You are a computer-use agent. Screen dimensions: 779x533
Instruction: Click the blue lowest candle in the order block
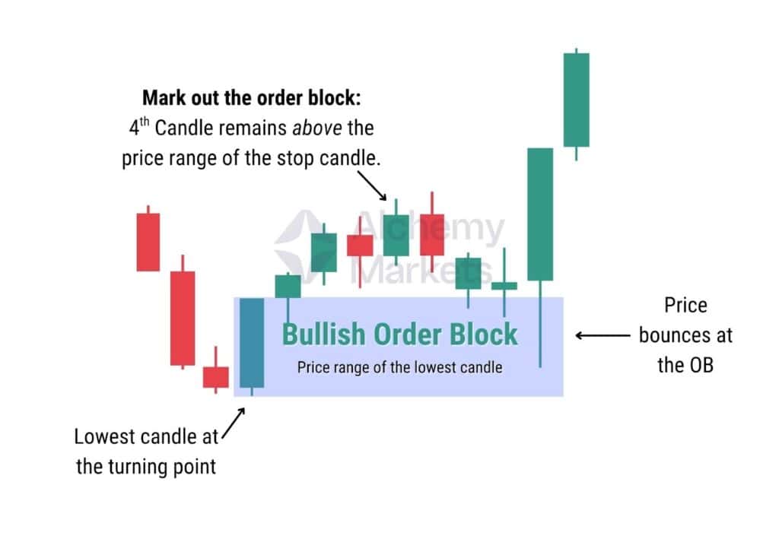tap(252, 343)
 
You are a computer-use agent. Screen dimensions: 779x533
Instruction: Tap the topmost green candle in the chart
tap(577, 100)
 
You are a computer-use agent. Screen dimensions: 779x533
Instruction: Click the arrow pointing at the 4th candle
tap(371, 186)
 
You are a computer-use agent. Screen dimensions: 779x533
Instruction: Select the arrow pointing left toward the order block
tap(603, 336)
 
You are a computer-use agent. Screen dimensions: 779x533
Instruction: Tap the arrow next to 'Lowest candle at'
tap(234, 424)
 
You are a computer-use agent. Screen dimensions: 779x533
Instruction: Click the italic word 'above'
tap(317, 128)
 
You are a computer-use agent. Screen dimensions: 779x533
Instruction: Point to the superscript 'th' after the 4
tap(144, 122)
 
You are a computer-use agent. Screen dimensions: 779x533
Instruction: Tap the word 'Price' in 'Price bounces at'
tap(685, 306)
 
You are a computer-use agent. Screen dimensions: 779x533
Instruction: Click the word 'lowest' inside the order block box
tap(435, 367)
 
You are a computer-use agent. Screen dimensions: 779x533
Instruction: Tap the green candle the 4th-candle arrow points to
tap(396, 235)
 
